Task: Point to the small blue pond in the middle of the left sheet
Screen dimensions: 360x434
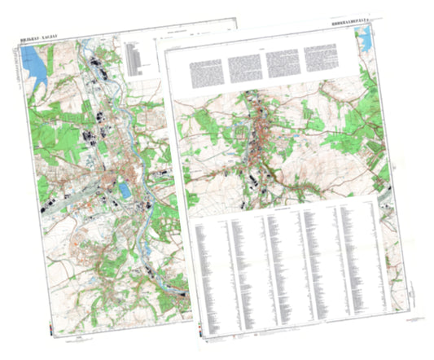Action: pos(124,191)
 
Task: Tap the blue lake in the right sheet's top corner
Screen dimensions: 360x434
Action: pos(365,37)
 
